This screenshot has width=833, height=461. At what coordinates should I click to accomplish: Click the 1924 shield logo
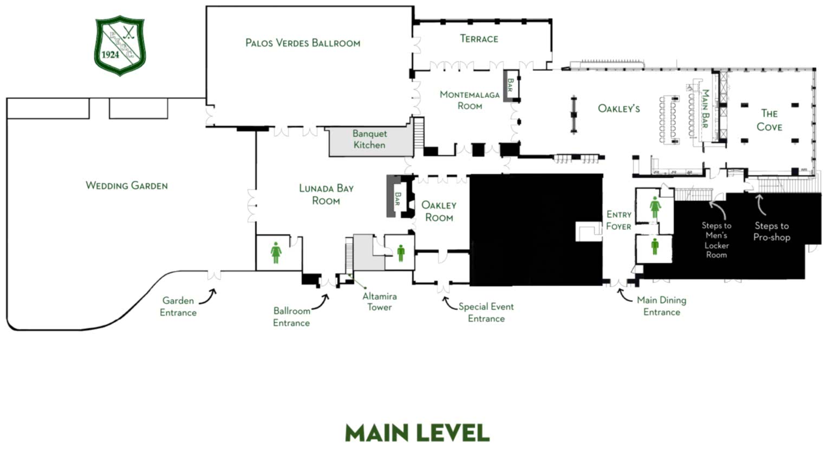coord(120,46)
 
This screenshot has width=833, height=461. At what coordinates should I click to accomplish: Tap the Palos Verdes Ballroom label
coord(303,43)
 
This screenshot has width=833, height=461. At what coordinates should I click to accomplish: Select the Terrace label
coord(479,39)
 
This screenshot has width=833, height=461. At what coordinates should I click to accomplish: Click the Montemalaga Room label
coord(470,100)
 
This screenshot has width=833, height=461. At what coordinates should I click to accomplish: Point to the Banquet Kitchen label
coord(369,139)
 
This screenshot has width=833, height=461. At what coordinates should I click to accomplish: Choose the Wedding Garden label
coord(126,185)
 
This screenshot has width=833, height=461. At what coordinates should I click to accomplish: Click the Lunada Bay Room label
coord(326,194)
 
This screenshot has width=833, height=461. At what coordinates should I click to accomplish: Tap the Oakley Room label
coord(439,211)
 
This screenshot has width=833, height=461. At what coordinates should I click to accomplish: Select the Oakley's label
coord(619,108)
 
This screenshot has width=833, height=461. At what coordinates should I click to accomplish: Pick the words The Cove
coord(769,120)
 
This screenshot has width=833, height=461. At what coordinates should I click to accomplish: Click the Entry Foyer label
coord(619,220)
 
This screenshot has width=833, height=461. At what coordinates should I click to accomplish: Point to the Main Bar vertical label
coord(705,108)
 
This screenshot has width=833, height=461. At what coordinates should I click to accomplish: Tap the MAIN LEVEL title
coord(417,433)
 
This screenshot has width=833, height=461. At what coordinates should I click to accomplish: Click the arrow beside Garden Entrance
coord(209,297)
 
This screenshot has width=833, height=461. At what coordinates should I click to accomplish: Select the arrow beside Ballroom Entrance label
coord(321,302)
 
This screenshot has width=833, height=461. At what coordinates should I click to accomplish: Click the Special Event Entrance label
coord(486,312)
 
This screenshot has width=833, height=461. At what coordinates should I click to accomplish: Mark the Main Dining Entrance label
coord(661,306)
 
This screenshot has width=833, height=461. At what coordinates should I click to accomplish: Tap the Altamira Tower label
coord(380,302)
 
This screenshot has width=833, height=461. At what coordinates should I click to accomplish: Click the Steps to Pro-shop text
coord(772,231)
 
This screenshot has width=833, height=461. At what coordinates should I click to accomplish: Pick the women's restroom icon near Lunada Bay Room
coord(276,253)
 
